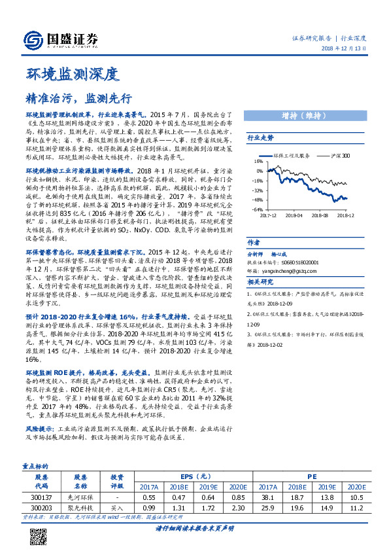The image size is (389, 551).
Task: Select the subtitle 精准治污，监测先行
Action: (79, 98)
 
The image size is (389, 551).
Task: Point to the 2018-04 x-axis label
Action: (294, 215)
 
